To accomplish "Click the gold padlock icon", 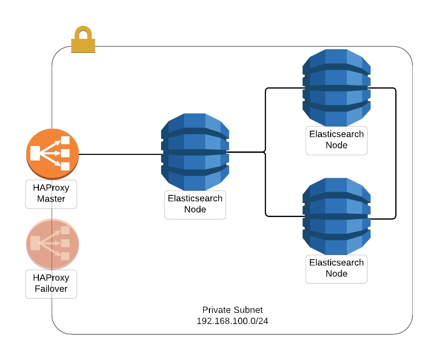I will [83, 40].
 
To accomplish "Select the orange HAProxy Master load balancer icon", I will [52, 154].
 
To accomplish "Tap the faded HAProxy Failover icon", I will [52, 243].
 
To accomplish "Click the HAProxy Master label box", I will [51, 194].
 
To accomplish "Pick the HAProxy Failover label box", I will [51, 283].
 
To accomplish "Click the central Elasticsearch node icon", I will [195, 152].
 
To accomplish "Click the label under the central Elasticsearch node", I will [195, 204].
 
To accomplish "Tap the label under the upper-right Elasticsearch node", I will [336, 139].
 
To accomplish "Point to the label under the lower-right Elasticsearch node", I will [336, 268].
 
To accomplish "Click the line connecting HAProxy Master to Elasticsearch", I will [119, 154].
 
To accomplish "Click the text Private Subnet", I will [232, 310].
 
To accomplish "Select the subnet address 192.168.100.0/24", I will [232, 321].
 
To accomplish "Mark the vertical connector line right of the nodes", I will [396, 153].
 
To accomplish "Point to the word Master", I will [51, 199].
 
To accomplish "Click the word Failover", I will [51, 289].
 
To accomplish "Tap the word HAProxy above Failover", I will [51, 278].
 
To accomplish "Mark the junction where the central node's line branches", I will [265, 152].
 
